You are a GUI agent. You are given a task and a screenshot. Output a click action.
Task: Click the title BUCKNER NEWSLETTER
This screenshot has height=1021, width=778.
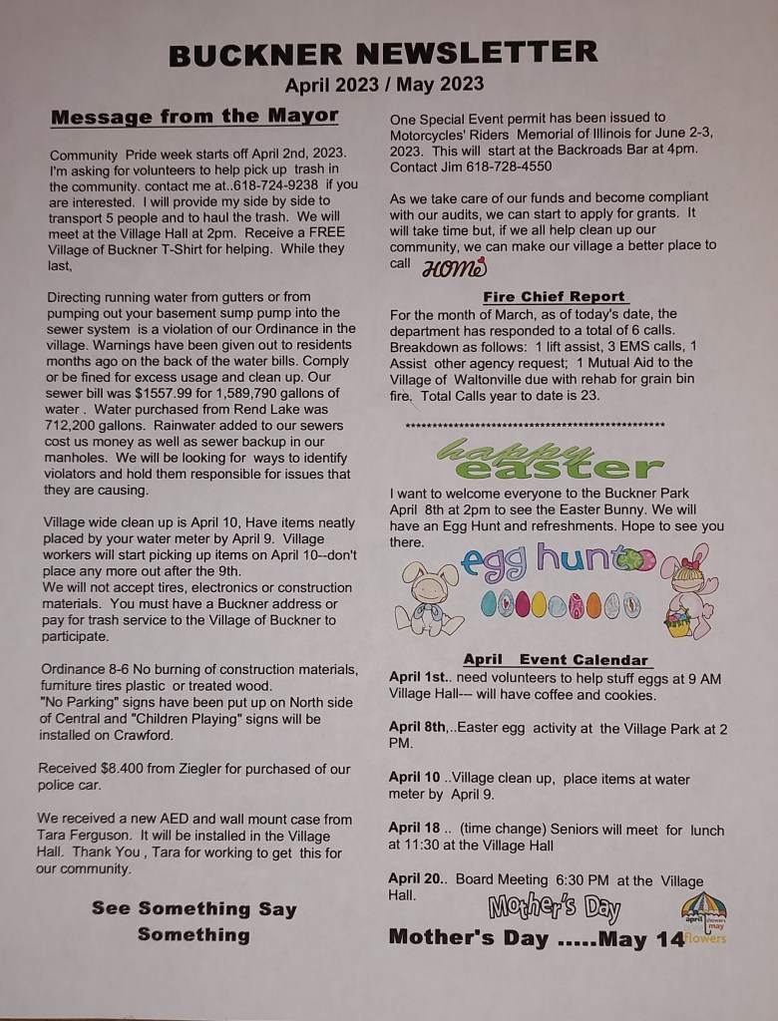tap(384, 53)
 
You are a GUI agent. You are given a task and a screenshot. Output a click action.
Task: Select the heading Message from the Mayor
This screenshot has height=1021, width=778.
tap(194, 117)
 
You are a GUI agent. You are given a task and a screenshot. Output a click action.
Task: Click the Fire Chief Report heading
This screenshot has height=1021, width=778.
tap(554, 296)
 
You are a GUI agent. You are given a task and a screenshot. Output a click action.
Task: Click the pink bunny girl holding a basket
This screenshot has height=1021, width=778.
tap(688, 593)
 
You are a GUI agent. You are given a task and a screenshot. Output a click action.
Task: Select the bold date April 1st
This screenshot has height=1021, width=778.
tap(419, 678)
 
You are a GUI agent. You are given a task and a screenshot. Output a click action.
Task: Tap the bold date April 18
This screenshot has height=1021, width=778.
tap(417, 830)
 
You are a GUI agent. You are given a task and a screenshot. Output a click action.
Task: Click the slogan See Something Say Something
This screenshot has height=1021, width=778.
tap(194, 921)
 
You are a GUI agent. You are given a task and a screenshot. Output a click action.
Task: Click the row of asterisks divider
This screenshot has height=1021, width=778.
tap(536, 425)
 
